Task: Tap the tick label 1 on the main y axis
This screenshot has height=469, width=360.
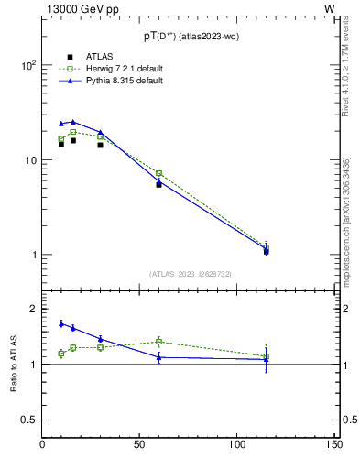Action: pos(34,255)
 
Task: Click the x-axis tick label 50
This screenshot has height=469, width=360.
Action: pos(140,445)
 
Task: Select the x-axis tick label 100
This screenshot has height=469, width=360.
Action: pos(237,445)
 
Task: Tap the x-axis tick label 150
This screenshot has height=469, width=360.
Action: pos(334,445)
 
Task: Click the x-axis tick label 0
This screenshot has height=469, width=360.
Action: pos(43,445)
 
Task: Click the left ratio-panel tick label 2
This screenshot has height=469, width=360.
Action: pos(34,310)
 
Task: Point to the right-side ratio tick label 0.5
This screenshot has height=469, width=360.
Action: pos(349,420)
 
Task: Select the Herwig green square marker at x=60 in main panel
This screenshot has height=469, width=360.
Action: pos(158,173)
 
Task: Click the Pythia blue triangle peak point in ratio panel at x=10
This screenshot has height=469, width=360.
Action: pos(61,323)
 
